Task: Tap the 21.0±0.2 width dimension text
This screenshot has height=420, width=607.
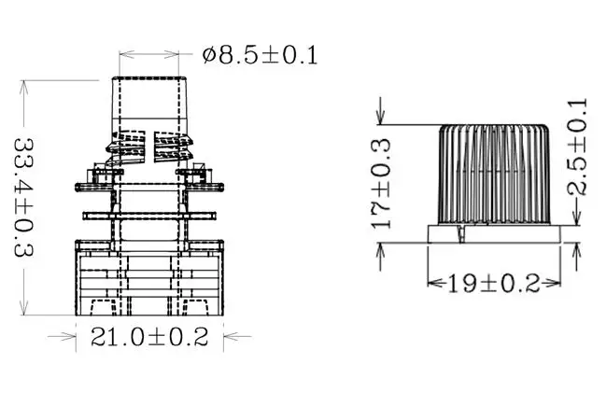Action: point(149,337)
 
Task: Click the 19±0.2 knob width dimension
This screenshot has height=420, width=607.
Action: point(494,283)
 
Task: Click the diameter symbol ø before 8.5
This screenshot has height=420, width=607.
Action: point(211,55)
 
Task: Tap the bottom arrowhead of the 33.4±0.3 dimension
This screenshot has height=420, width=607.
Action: point(25,313)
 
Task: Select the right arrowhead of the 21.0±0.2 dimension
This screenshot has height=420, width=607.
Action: point(220,337)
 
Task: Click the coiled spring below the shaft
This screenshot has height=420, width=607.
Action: point(150,147)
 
